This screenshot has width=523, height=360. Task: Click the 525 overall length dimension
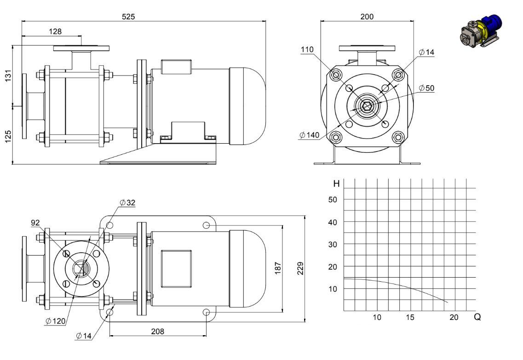click(128, 17)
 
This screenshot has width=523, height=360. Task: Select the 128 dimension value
click(55, 31)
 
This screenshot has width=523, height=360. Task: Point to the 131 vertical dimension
click(8, 75)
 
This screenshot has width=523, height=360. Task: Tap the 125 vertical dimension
click(8, 136)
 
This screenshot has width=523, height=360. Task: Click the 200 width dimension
click(367, 17)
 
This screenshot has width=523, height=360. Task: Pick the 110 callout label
click(307, 50)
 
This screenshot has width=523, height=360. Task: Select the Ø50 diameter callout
click(426, 88)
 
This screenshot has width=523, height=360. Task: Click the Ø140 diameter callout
click(310, 135)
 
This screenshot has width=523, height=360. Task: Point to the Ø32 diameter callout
click(127, 203)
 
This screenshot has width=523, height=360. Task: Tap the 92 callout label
click(35, 223)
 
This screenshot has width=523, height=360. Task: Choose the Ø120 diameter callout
click(55, 321)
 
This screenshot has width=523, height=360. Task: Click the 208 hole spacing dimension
click(157, 331)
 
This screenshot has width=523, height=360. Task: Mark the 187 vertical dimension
click(277, 268)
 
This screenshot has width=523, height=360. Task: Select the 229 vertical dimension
click(300, 268)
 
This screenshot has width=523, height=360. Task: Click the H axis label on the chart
click(336, 184)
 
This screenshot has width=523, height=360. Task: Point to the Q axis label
click(477, 317)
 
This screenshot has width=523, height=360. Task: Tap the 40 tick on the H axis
click(333, 222)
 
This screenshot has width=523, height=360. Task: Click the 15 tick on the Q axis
click(410, 317)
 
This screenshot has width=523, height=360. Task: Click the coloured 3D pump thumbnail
click(481, 30)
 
